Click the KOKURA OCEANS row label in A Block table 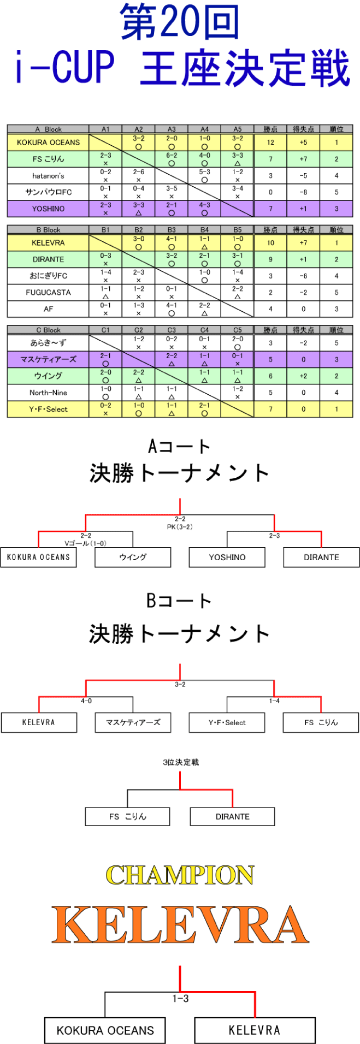point(48,143)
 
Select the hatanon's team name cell point(48,176)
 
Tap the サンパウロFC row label point(48,192)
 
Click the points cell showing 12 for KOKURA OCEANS point(270,143)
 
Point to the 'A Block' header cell point(48,129)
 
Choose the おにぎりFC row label point(48,276)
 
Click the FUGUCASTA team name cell point(48,292)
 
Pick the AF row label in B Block point(48,309)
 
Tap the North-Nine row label point(48,393)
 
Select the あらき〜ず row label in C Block point(48,343)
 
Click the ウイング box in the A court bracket point(133,557)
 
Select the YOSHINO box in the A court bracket point(227,557)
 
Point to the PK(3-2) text point(180,527)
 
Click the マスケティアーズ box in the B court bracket point(133,722)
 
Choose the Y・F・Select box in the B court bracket point(227,722)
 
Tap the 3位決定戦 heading point(180,762)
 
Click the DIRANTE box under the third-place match point(232,817)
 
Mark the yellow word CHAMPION point(180,875)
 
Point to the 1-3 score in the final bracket point(180,999)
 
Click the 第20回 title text point(180,23)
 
